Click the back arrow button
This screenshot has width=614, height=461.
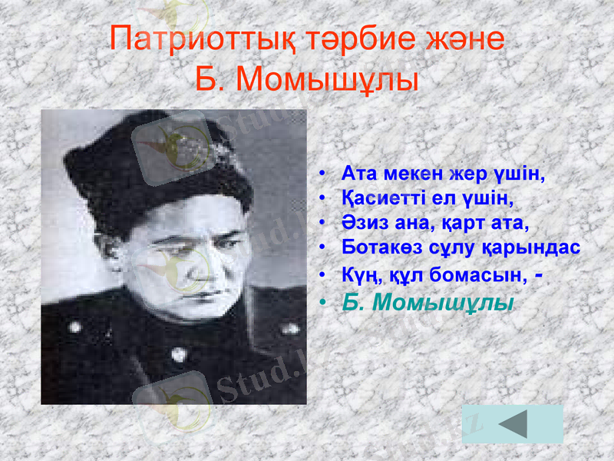click(513, 424)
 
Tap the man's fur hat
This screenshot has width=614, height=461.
click(157, 165)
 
